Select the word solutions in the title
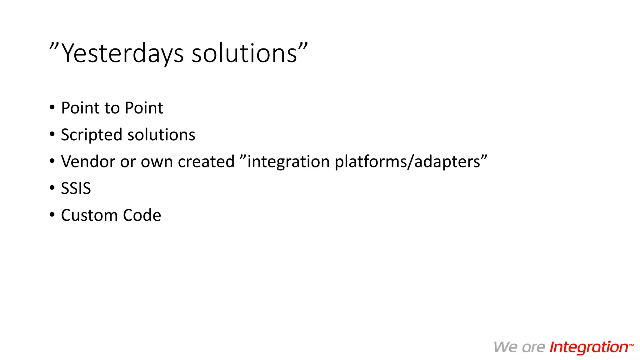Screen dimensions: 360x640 coord(244,54)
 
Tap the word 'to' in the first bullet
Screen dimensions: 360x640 coord(112,108)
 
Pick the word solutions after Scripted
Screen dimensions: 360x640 coord(161,135)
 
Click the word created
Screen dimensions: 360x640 coord(206,162)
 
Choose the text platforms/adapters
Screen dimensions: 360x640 coord(407,162)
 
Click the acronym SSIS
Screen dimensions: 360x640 coord(76,188)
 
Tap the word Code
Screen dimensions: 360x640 coord(142,215)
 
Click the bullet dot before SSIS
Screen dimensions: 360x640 coord(52,188)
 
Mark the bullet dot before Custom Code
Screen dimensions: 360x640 coord(52,215)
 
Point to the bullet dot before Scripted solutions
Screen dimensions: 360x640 coord(52,134)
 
